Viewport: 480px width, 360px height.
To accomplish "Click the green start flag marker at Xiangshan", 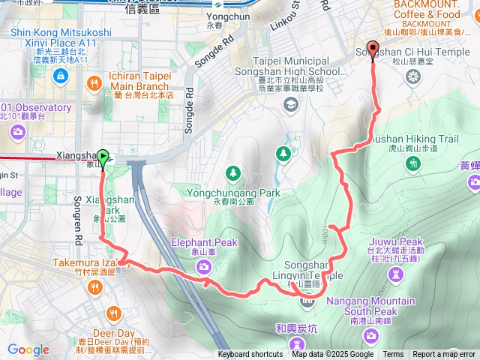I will point(103,157).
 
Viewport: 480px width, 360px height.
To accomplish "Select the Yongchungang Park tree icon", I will point(233,174).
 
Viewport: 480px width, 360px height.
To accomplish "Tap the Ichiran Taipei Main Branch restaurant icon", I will point(94,82).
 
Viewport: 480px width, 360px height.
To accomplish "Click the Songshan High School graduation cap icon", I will point(289,103).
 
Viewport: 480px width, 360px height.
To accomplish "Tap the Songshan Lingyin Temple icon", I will point(307,301).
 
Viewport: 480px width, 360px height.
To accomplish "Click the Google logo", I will point(28,350).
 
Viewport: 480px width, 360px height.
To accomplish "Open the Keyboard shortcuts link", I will point(250,355).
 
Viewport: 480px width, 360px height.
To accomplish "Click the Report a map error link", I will point(444,355).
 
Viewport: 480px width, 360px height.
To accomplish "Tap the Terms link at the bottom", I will point(393,355).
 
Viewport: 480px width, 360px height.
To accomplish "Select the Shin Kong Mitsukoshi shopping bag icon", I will point(61,76).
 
